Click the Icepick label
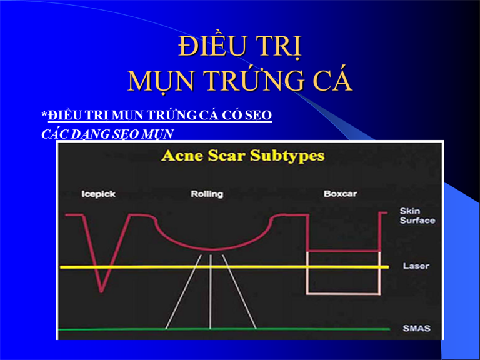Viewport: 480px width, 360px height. coord(98,194)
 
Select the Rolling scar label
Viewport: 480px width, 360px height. coord(207,194)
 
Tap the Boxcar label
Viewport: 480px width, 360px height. coord(340,194)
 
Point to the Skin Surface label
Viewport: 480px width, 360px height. coord(417,216)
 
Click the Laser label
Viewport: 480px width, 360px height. coord(416,266)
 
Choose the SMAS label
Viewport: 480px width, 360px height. coord(417,329)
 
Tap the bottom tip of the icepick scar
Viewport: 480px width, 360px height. coord(101,291)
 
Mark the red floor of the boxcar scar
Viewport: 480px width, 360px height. coord(344,251)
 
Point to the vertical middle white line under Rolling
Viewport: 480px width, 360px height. coord(211,292)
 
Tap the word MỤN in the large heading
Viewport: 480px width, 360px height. coord(161,82)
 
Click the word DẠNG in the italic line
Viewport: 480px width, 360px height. coord(89,134)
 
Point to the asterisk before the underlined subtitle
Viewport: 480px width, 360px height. coord(44,114)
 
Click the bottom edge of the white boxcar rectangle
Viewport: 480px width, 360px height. coord(344,294)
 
